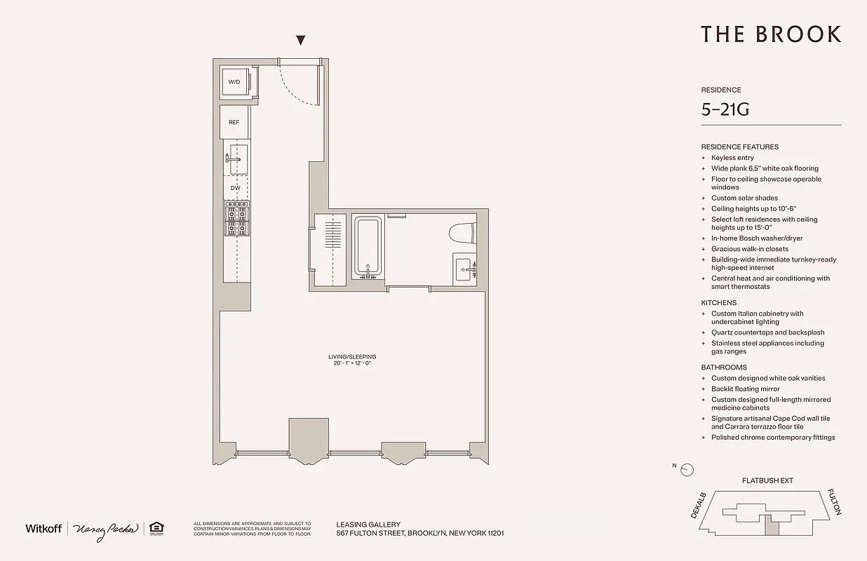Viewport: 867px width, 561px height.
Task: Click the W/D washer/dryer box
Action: tap(234, 82)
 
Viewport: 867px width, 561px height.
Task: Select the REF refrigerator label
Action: tap(234, 122)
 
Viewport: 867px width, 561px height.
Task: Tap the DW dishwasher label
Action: tap(235, 187)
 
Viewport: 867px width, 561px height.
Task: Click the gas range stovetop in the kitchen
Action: tap(236, 218)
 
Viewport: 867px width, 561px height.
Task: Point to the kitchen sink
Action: tap(235, 160)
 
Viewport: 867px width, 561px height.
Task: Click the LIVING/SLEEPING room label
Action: tap(351, 357)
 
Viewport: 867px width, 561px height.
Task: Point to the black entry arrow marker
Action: tap(301, 41)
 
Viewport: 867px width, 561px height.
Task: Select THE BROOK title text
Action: tap(770, 34)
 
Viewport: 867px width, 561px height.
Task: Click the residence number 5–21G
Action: tap(725, 109)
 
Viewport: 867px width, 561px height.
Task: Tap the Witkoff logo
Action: tap(43, 528)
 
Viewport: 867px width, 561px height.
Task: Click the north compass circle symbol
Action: tap(687, 470)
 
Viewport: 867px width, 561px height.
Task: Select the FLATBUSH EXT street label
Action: tap(767, 481)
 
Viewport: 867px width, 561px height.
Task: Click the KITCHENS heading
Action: tap(718, 303)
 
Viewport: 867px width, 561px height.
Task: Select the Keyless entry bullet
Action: tap(732, 158)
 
